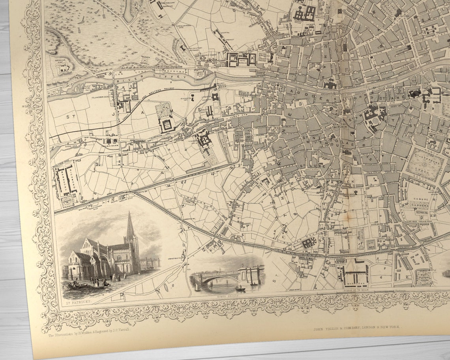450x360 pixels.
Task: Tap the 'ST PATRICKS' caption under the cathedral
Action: (x=79, y=301)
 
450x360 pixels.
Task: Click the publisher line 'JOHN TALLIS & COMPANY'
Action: (x=357, y=328)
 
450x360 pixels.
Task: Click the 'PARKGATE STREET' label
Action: (x=205, y=67)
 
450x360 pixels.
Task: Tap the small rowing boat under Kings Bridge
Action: (x=240, y=289)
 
